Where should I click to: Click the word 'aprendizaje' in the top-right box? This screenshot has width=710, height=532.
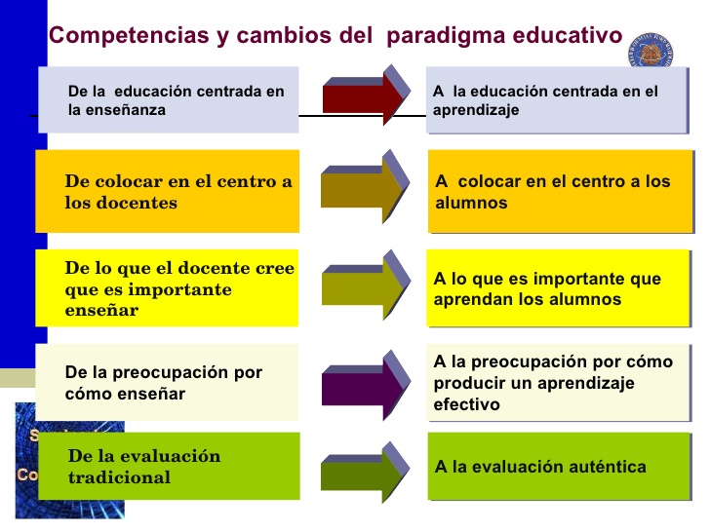point(476,110)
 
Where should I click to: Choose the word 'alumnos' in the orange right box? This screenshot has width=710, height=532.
point(471,204)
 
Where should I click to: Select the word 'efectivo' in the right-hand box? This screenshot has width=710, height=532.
point(467,403)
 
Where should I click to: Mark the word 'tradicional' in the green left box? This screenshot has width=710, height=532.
point(119,477)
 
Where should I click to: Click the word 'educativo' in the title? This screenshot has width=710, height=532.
point(567,36)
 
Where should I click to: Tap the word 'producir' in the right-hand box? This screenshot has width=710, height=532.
point(467,383)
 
